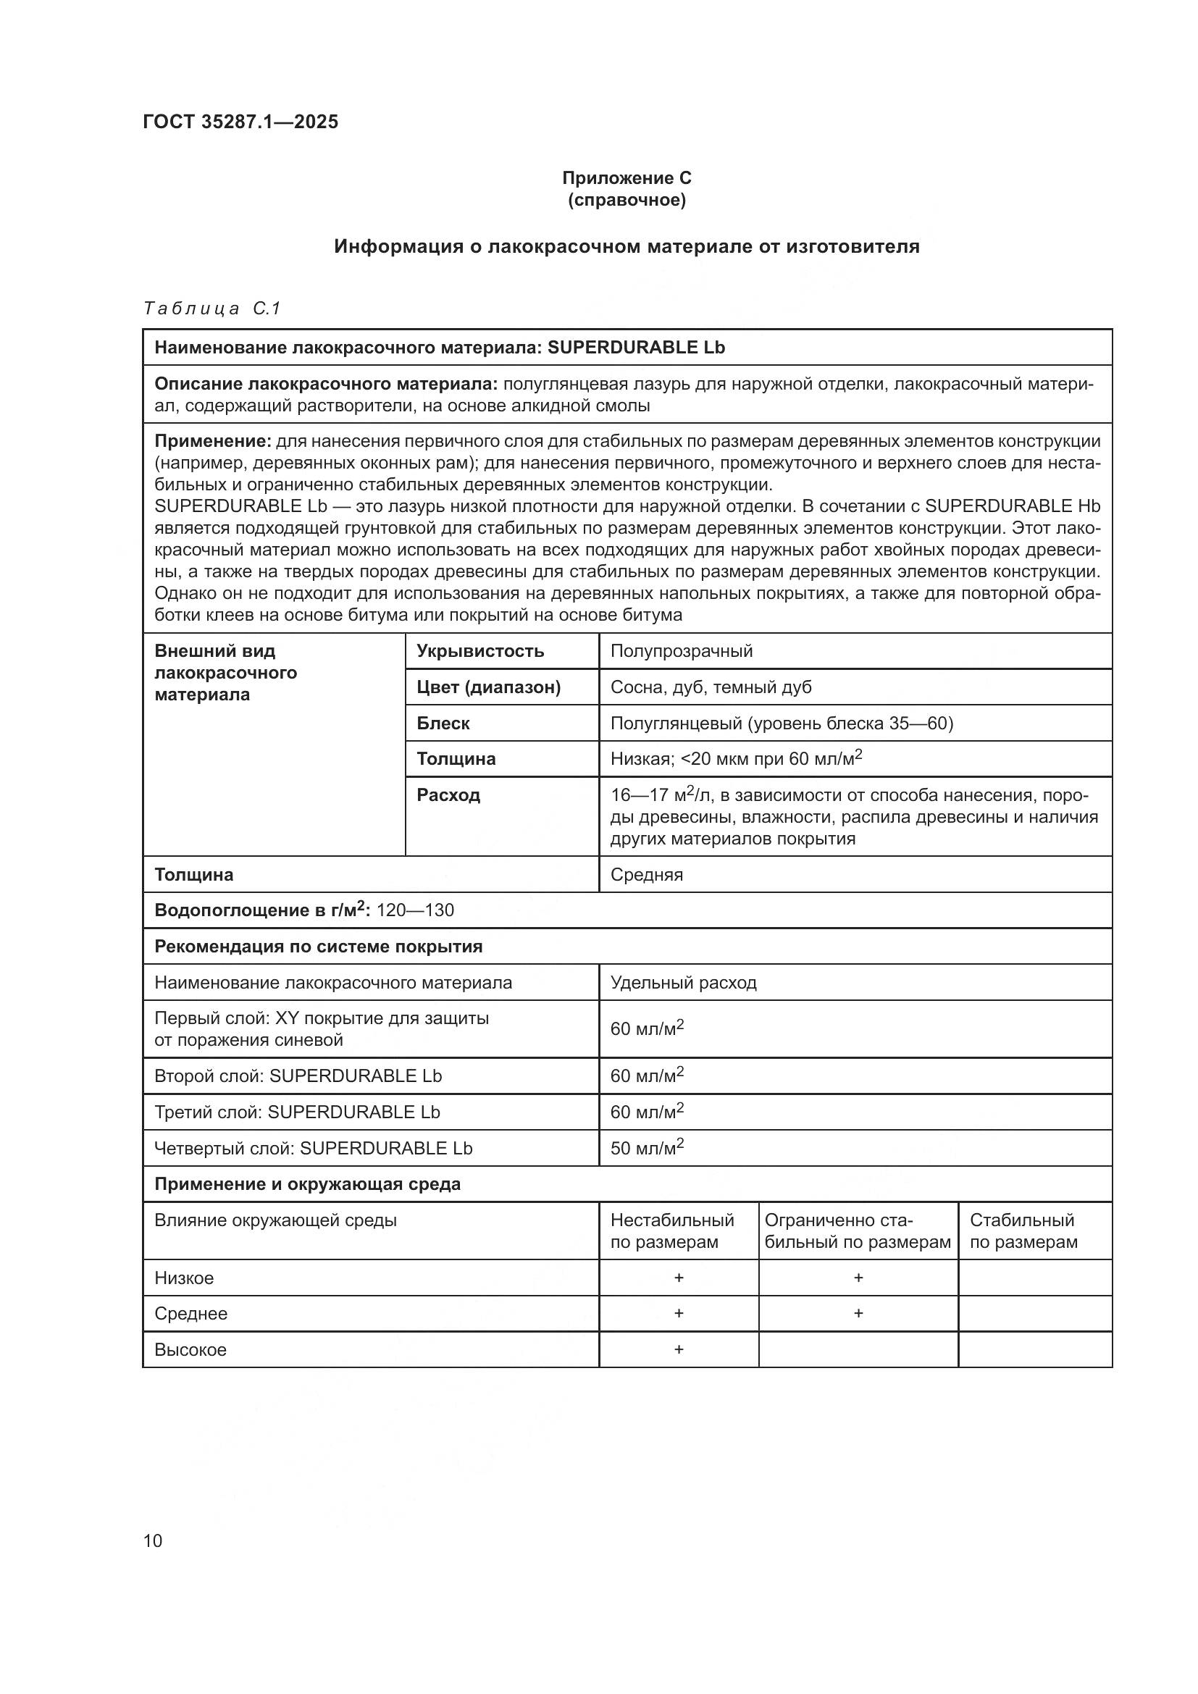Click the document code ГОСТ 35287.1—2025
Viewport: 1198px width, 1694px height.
240,122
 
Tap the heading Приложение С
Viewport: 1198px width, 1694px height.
627,178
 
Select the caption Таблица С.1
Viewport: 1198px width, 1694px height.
211,309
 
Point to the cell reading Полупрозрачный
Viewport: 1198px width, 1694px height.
681,651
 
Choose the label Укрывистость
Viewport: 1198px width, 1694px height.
480,651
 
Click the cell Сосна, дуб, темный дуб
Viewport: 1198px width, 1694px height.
711,687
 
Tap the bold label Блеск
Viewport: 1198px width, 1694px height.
443,723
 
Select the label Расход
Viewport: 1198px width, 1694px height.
448,794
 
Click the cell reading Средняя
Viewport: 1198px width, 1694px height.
646,874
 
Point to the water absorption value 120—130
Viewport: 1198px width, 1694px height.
414,910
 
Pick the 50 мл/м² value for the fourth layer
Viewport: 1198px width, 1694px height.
646,1148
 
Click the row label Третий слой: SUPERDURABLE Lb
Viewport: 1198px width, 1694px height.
296,1112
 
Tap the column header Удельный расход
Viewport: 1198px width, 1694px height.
683,983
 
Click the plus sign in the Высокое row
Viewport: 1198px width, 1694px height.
679,1349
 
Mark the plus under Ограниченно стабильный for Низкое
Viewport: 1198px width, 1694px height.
858,1277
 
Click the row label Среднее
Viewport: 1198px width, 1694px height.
190,1313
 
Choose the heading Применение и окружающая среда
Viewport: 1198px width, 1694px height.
307,1184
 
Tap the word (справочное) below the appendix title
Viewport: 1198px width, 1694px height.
627,200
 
